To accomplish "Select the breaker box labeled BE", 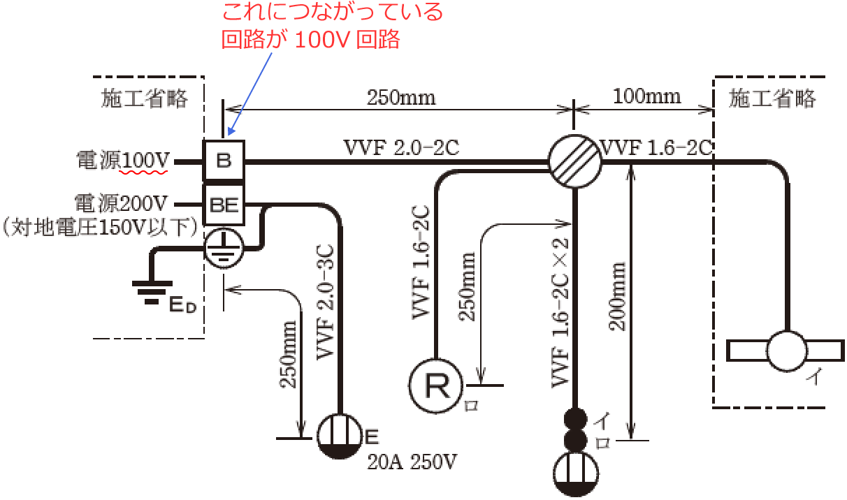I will pyautogui.click(x=224, y=205).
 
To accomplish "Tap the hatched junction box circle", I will pyautogui.click(x=574, y=161).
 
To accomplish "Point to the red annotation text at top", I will pyautogui.click(x=332, y=25).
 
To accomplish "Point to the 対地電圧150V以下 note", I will pyautogui.click(x=99, y=227).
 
